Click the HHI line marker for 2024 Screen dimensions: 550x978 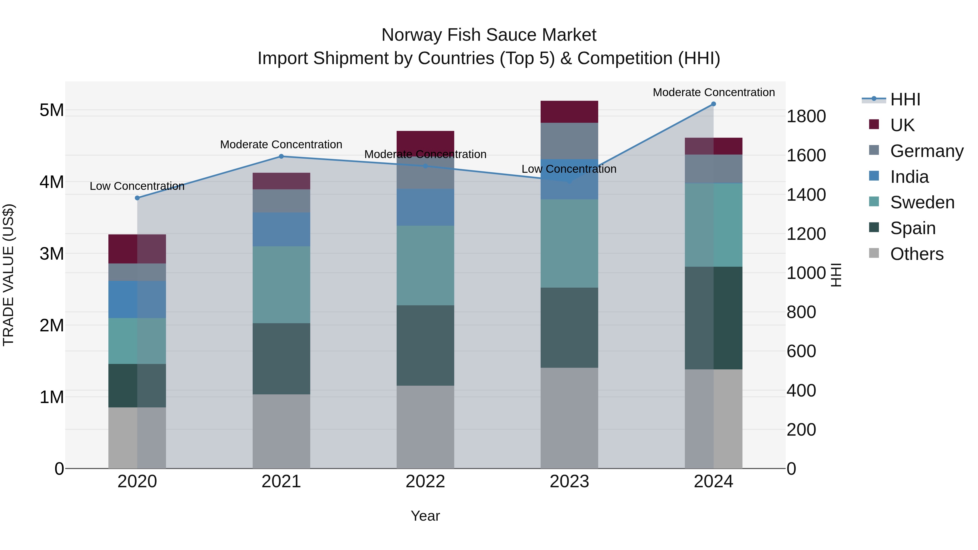click(x=713, y=104)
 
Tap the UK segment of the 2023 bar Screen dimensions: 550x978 click(x=569, y=112)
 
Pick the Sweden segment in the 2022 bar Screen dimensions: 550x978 click(x=425, y=266)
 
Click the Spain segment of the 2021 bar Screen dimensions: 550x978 click(x=281, y=359)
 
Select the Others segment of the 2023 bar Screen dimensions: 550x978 click(x=569, y=417)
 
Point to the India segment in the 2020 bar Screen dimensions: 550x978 click(x=137, y=300)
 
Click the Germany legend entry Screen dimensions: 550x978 click(x=926, y=151)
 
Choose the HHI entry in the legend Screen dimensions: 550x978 click(x=905, y=99)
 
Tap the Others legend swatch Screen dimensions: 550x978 click(x=874, y=253)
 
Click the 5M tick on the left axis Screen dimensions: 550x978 click(x=52, y=111)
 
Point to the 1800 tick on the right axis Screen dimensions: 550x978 click(x=806, y=116)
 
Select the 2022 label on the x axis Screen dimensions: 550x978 click(x=425, y=482)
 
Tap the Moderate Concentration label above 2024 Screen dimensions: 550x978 click(x=714, y=92)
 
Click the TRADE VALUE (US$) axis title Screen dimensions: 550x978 click(x=9, y=275)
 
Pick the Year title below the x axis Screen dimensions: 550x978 click(x=425, y=516)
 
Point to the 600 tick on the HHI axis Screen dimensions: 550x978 click(x=801, y=351)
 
